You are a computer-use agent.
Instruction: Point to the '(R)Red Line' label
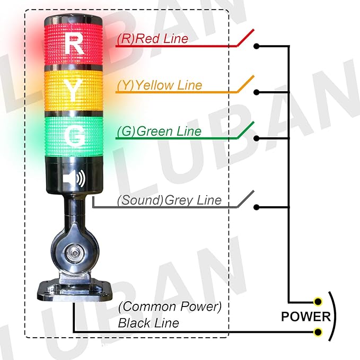point(152,39)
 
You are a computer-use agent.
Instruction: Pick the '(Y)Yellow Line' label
point(160,85)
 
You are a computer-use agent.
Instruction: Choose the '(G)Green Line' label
point(159,131)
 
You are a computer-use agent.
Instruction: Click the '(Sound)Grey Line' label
point(169,200)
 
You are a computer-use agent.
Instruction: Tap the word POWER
point(306,317)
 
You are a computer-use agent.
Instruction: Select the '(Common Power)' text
point(170,306)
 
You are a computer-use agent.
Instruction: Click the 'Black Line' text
point(148,323)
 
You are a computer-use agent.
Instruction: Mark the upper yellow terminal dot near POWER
point(318,302)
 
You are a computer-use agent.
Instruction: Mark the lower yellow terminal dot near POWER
point(318,332)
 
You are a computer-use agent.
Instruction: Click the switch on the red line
point(245,38)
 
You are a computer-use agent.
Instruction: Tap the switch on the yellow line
point(245,84)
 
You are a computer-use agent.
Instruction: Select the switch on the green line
point(245,130)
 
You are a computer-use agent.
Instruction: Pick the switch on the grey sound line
point(245,200)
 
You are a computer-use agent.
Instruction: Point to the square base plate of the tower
point(74,289)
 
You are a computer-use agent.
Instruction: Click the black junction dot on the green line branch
point(257,138)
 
